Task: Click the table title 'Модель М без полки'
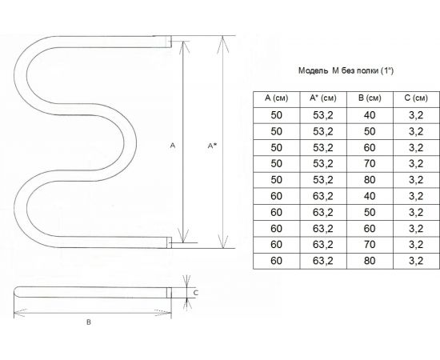[338, 70]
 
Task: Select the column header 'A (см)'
[277, 98]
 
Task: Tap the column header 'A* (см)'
[322, 98]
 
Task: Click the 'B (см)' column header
[370, 98]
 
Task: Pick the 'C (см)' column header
[416, 98]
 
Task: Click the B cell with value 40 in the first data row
[370, 115]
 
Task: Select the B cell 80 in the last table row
[370, 261]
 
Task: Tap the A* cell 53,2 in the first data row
[323, 115]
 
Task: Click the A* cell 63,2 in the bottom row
[323, 261]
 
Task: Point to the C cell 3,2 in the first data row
[416, 115]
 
